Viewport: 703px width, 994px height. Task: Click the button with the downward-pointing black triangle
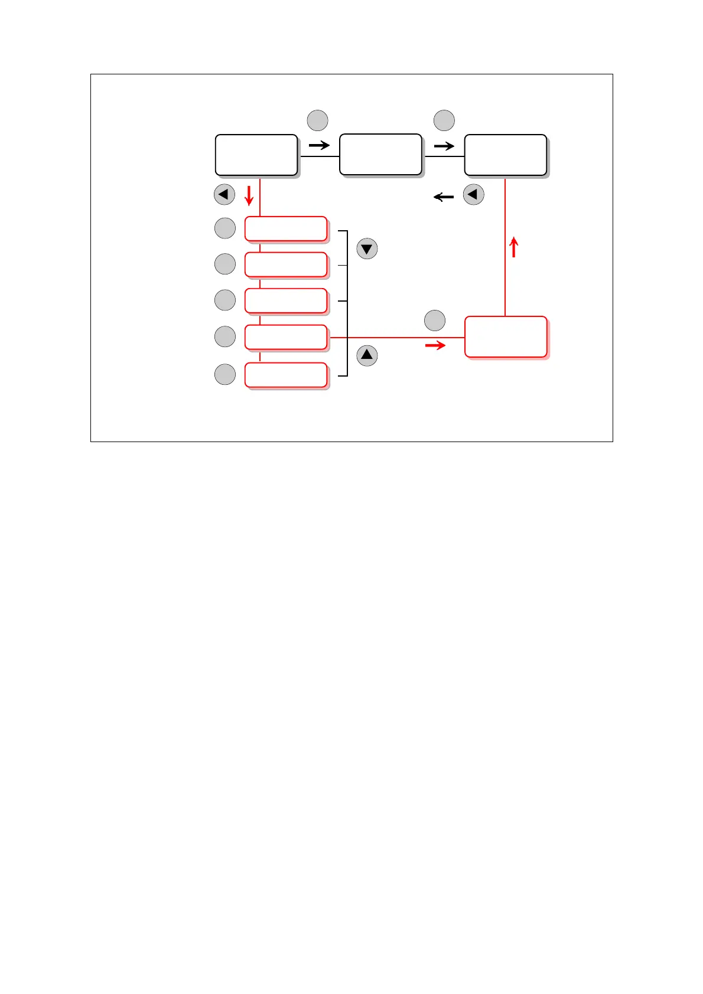tap(367, 248)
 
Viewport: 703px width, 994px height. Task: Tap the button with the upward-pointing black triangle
tap(367, 355)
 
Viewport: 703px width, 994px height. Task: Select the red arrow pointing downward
tap(249, 195)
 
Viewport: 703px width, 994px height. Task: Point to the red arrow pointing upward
tap(514, 247)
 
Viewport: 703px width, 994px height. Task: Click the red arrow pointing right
tap(435, 345)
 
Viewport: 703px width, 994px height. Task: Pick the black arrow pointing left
tap(444, 197)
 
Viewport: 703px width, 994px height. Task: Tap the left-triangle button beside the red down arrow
tap(224, 194)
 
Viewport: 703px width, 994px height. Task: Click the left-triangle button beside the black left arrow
tap(474, 194)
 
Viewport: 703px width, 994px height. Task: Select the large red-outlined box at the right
tap(506, 337)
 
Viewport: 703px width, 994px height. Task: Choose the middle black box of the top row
tap(381, 155)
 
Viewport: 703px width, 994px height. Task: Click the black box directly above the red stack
tap(256, 155)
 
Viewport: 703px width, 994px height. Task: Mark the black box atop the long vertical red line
tap(506, 155)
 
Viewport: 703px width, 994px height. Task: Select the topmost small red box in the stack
tap(286, 229)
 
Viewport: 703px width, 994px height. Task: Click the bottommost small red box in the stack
tap(286, 375)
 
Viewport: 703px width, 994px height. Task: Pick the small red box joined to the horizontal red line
tap(286, 337)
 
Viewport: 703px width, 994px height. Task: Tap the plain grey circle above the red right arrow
tap(435, 321)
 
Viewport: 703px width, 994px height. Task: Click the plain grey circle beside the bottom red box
tap(225, 374)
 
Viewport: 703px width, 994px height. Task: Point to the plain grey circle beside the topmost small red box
tap(225, 228)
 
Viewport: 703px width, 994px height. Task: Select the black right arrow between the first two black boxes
tap(319, 145)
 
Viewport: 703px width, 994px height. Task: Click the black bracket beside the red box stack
tap(347, 303)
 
